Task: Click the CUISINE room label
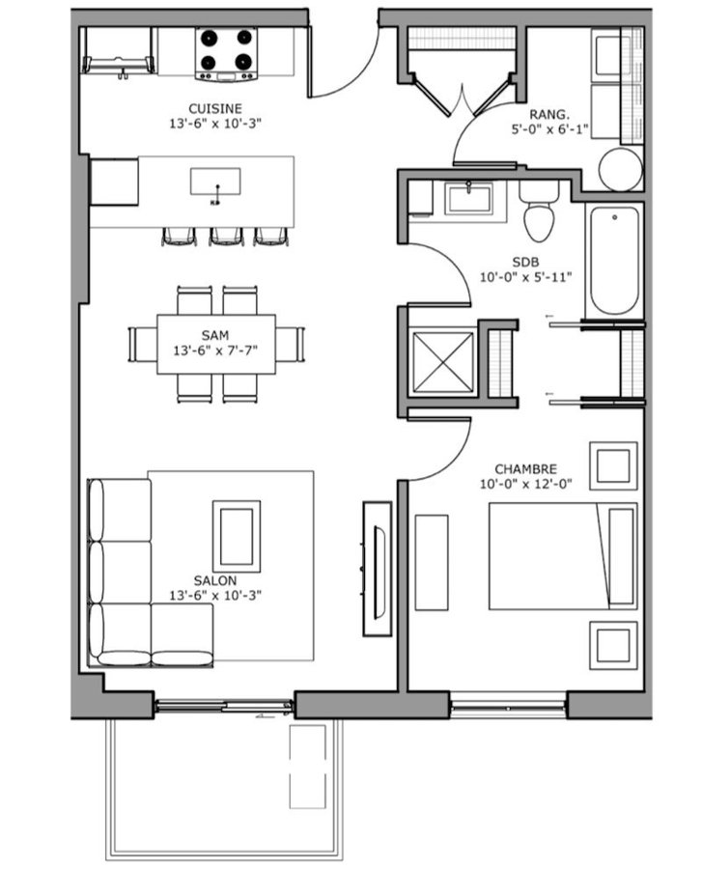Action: coord(215,108)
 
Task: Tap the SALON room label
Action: coord(215,580)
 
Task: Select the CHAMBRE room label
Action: coord(526,469)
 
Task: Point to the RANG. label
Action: coord(549,115)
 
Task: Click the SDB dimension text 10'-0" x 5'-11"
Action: coord(525,276)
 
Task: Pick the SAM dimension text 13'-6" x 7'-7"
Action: coord(215,350)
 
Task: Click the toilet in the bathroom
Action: coord(539,211)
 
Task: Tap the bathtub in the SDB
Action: coord(615,261)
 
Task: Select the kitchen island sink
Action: coord(215,182)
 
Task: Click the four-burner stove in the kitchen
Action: coord(227,53)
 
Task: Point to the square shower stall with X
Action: coord(442,364)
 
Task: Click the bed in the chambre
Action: coord(563,556)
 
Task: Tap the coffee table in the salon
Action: coord(237,537)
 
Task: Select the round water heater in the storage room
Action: coord(621,169)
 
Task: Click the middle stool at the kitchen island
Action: coord(227,237)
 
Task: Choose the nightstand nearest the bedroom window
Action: coord(613,646)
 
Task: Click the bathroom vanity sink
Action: coord(469,199)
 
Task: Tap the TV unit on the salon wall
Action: coord(378,569)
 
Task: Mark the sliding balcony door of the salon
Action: coord(224,706)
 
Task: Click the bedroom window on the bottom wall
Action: coord(508,706)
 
